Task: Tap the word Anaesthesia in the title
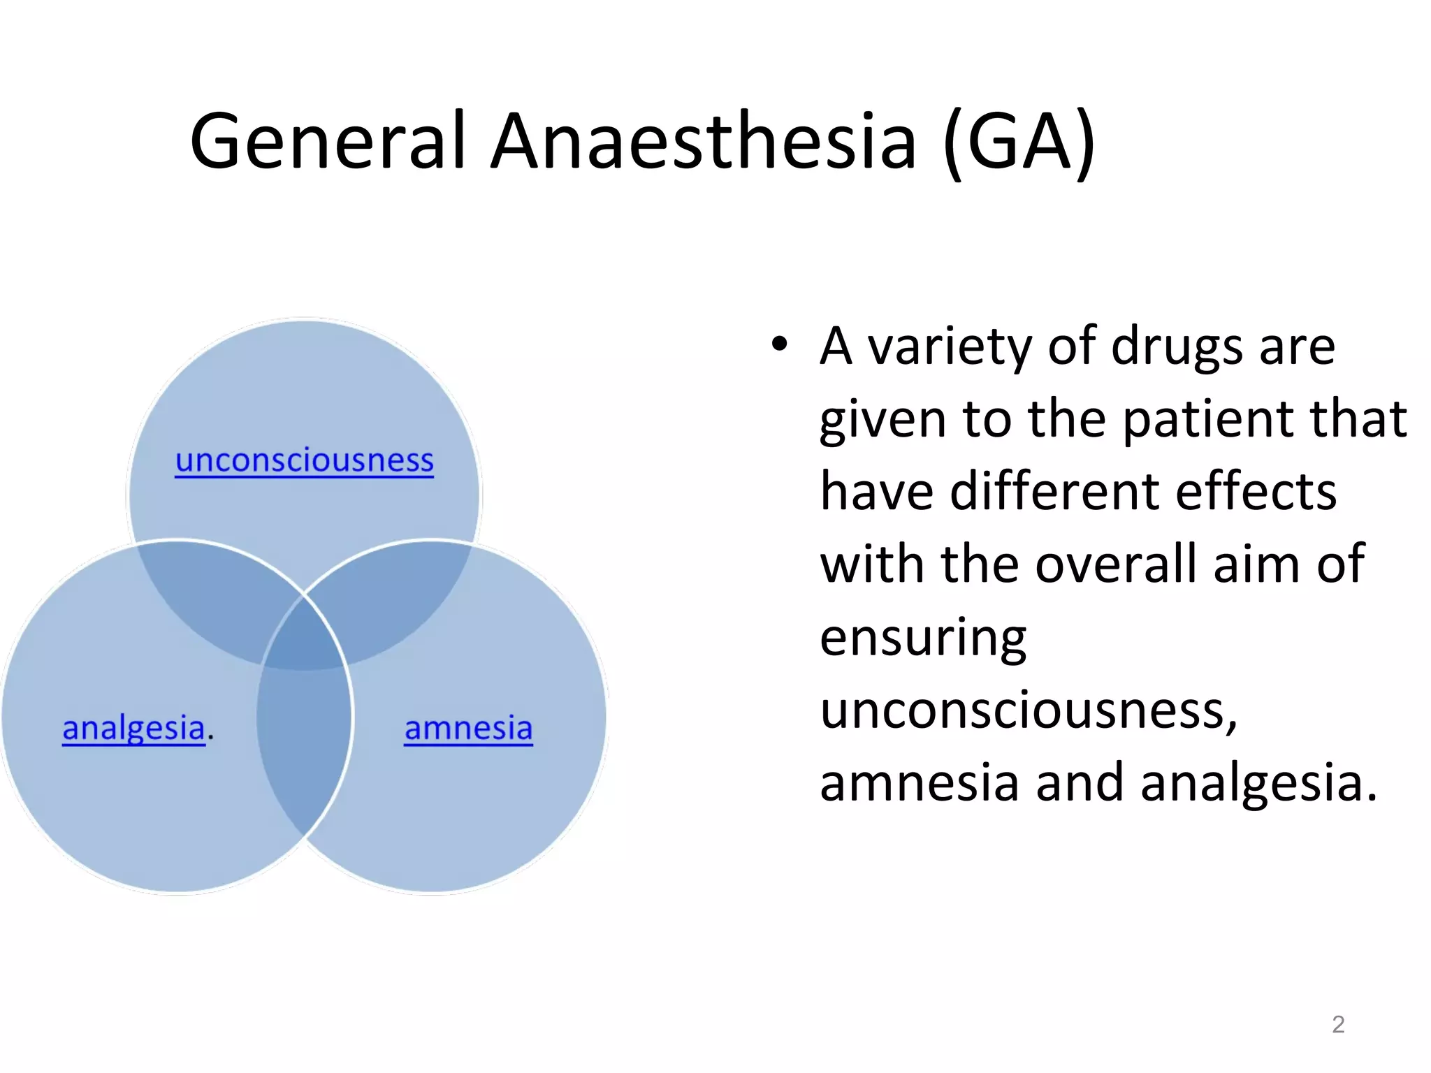tap(703, 141)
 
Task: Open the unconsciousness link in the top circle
tap(304, 460)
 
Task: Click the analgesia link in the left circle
tap(133, 728)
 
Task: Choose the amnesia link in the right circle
tap(468, 728)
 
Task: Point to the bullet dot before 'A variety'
tap(779, 344)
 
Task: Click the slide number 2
tap(1337, 1024)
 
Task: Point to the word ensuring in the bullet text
tap(922, 638)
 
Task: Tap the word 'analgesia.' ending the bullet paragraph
tap(1258, 782)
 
